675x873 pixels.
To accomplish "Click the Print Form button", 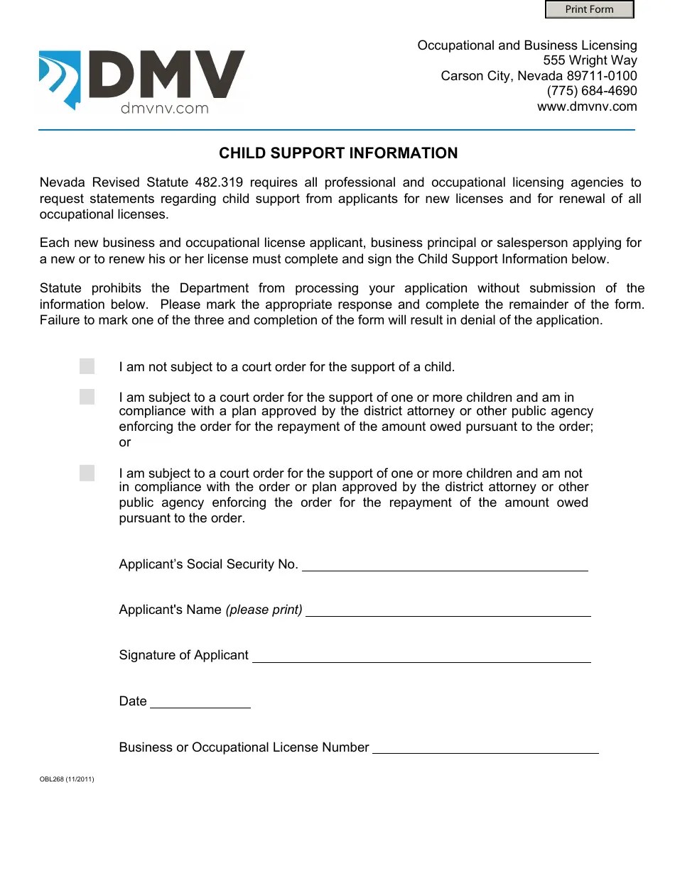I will pyautogui.click(x=589, y=9).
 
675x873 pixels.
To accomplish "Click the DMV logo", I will pyautogui.click(x=142, y=80).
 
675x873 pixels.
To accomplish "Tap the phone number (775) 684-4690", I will pyautogui.click(x=591, y=91).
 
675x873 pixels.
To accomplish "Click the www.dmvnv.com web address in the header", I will pyautogui.click(x=587, y=106).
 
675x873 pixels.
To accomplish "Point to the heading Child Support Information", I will pyautogui.click(x=338, y=153).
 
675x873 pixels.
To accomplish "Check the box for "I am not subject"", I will pyautogui.click(x=87, y=366).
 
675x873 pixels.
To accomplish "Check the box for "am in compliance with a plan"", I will pyautogui.click(x=87, y=397).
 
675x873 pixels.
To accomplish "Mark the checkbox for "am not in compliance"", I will pyautogui.click(x=87, y=473).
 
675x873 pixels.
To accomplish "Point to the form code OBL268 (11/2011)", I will pyautogui.click(x=67, y=779).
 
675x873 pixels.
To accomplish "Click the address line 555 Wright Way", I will pyautogui.click(x=590, y=60).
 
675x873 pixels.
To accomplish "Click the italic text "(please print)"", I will pyautogui.click(x=264, y=610).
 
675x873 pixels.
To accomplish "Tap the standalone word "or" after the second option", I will pyautogui.click(x=125, y=443).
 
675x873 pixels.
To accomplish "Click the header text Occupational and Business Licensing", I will pyautogui.click(x=527, y=45).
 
